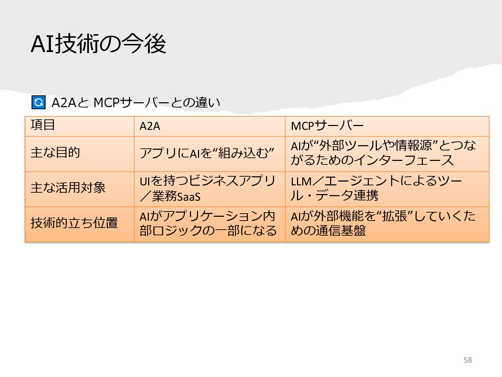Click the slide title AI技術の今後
tap(98, 44)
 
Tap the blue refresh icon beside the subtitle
tap(38, 102)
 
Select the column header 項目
tap(43, 125)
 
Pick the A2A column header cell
tap(150, 126)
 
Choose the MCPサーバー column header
tap(327, 126)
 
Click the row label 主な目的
tap(55, 153)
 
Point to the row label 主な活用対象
tap(68, 188)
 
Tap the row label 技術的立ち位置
tap(74, 223)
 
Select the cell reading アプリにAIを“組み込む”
tap(207, 153)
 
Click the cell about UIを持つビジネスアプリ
tap(207, 188)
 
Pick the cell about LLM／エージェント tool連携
tap(376, 188)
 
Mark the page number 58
tap(467, 360)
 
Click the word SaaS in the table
tap(189, 197)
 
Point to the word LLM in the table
tap(301, 182)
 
